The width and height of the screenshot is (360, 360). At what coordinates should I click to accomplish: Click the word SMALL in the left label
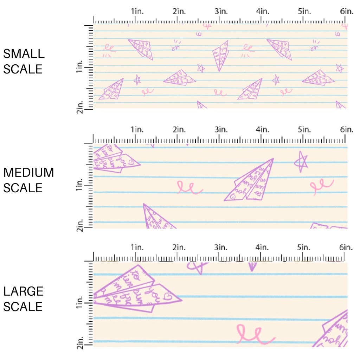24,54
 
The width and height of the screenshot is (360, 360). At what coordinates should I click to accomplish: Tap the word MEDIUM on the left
28,173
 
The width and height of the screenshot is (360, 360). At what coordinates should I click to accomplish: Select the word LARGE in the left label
24,291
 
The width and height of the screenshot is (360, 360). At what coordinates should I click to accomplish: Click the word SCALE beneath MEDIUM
23,188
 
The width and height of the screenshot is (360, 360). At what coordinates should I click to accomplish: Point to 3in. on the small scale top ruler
221,11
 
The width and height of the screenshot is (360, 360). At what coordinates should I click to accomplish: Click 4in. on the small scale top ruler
262,11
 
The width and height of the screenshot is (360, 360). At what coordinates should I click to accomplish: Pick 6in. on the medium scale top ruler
346,129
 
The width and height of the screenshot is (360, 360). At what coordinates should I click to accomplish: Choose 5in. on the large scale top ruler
304,247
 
